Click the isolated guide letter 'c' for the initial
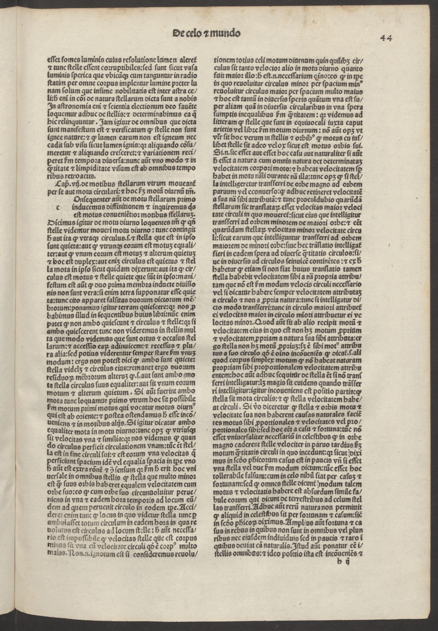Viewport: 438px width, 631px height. coord(58,207)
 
